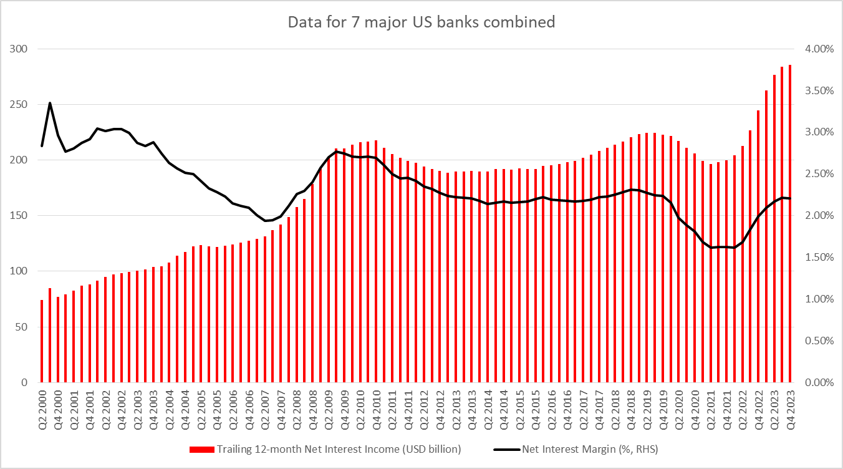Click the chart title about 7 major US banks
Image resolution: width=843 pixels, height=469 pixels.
point(421,22)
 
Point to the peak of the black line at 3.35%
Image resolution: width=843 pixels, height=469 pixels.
point(50,103)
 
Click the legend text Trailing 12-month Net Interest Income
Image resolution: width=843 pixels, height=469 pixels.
point(340,449)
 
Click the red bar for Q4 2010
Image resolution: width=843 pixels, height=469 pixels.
point(376,262)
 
